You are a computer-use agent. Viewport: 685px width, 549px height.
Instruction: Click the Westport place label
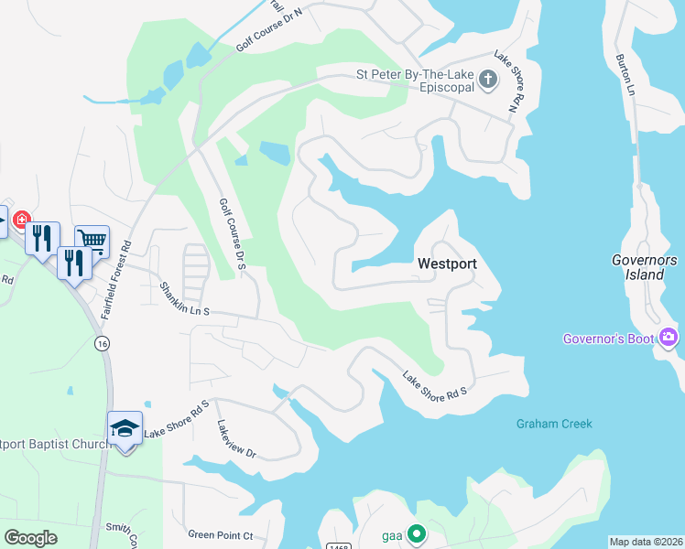(x=447, y=264)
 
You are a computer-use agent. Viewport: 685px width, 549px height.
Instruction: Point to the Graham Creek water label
(x=554, y=424)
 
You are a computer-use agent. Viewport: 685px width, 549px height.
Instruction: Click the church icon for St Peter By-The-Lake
(x=488, y=80)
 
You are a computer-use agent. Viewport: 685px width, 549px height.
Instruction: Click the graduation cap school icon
(x=125, y=427)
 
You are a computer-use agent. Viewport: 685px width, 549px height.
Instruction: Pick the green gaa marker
(x=416, y=533)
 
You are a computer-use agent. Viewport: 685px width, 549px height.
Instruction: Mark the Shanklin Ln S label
(x=185, y=299)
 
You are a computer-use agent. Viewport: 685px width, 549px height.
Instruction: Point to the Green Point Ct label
(x=220, y=534)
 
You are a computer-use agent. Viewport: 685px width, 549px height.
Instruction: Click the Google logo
(x=30, y=537)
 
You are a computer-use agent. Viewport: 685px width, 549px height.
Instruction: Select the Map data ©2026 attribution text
(x=646, y=542)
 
